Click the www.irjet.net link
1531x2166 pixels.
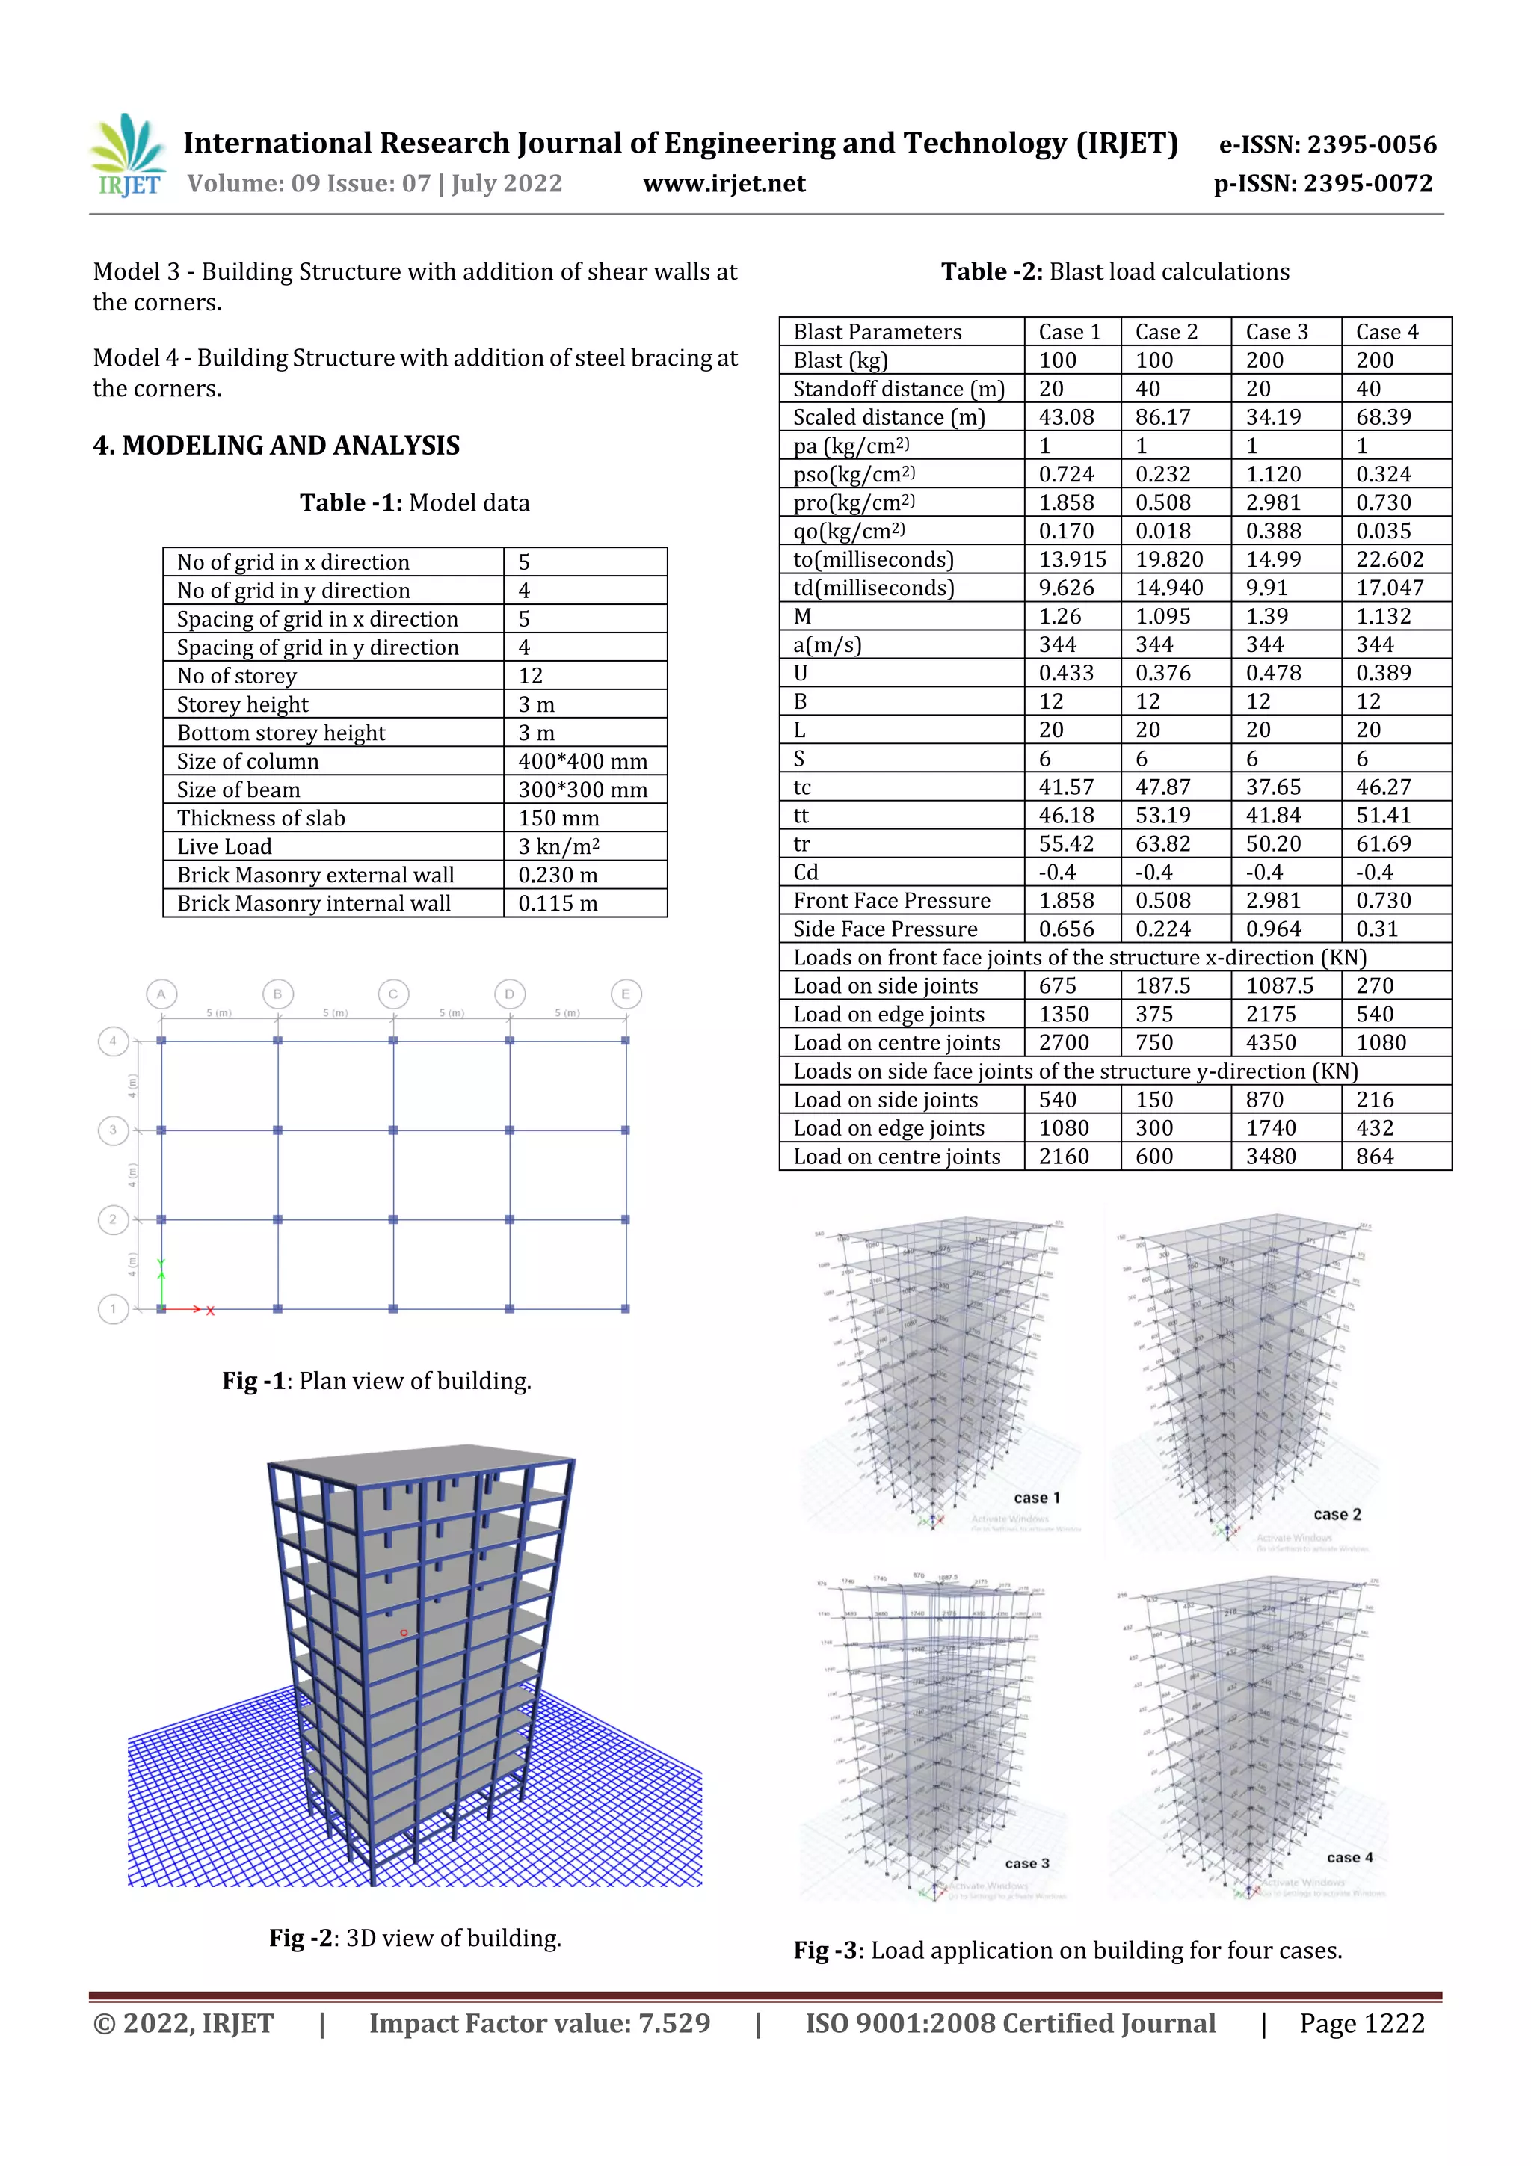(724, 184)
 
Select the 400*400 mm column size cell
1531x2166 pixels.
(582, 761)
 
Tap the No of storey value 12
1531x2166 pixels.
(530, 675)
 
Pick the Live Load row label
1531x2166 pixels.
(224, 846)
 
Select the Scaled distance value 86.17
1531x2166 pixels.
(1162, 417)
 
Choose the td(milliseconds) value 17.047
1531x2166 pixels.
(1390, 588)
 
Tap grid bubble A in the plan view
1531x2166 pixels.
(161, 994)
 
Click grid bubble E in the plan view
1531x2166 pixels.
(626, 994)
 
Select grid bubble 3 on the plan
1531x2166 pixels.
(113, 1130)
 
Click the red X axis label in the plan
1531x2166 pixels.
(210, 1311)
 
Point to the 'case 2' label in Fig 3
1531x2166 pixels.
(1337, 1514)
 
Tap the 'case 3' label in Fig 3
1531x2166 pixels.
(1026, 1863)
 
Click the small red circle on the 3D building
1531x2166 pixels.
(404, 1632)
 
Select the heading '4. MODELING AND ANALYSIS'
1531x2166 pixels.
(277, 446)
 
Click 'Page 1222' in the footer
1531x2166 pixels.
(1361, 2023)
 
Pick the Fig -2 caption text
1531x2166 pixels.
(415, 1938)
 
